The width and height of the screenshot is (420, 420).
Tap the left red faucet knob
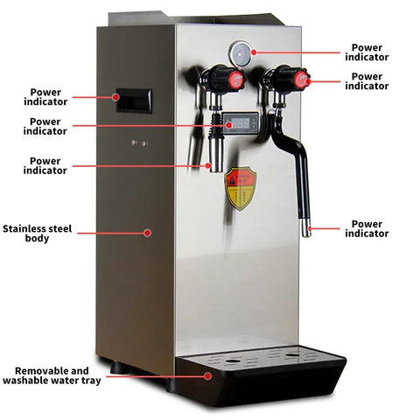236,80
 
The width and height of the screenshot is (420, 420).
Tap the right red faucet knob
301,79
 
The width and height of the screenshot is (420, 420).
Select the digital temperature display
241,123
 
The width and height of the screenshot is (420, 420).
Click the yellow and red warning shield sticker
241,189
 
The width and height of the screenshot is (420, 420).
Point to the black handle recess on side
134,101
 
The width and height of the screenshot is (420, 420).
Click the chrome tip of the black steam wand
306,227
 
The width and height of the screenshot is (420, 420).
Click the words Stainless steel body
37,234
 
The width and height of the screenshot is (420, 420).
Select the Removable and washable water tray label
52,375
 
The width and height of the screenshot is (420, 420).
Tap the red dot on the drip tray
207,376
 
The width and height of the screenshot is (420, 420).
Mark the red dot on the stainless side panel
148,233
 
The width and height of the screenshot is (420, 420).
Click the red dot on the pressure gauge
254,52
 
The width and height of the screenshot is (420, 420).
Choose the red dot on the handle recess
115,97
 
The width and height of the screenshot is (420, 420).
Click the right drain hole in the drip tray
292,355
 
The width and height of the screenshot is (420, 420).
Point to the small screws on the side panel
139,143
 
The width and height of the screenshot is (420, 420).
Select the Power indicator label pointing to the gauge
367,52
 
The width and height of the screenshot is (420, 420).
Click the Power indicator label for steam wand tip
367,228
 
